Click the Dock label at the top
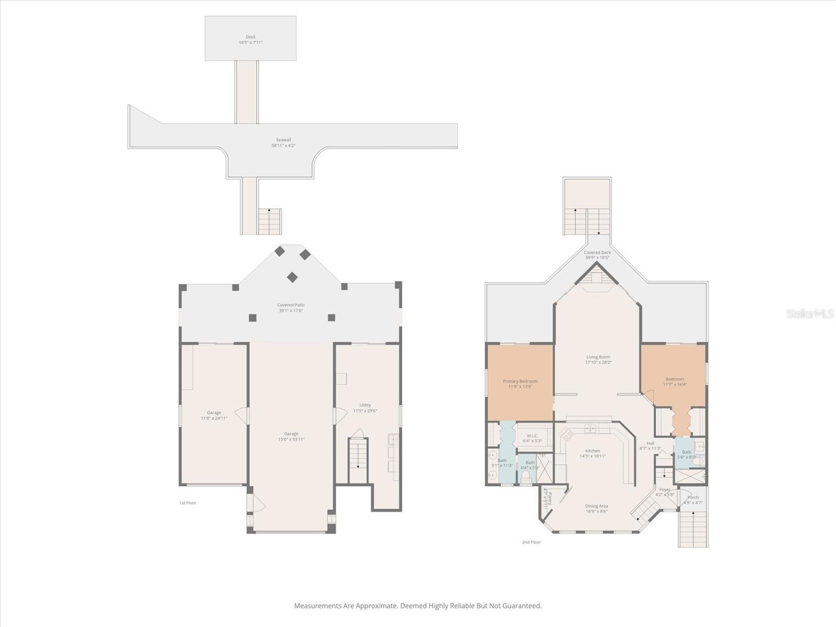(251, 37)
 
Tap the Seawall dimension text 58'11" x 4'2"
(283, 146)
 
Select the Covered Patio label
(291, 305)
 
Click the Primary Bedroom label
(520, 381)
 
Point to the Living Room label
(598, 357)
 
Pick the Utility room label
(365, 405)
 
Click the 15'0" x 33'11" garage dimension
(291, 439)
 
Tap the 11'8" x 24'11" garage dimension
(214, 418)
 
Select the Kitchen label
(593, 450)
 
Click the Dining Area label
(596, 506)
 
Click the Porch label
(693, 497)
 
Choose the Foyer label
(665, 490)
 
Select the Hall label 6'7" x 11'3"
(650, 443)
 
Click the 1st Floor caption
(188, 503)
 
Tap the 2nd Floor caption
(531, 542)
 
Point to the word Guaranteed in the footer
(521, 606)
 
